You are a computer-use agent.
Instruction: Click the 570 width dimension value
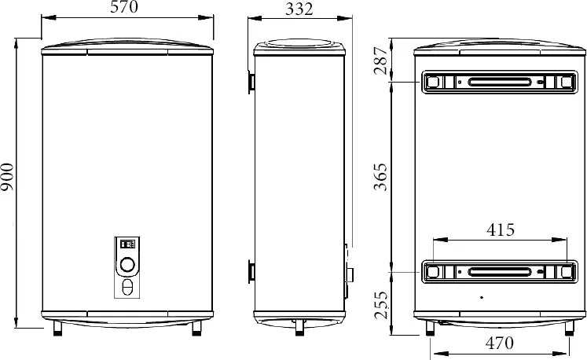coord(124,7)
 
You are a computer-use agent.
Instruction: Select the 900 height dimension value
coord(7,177)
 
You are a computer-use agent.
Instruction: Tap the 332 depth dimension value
coord(299,9)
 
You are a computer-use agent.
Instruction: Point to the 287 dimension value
coord(381,61)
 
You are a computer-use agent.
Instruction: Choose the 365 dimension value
coord(381,177)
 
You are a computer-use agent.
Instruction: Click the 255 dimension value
coord(381,305)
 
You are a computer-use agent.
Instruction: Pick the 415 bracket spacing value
coord(501,230)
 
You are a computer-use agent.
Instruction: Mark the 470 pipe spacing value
coord(500,343)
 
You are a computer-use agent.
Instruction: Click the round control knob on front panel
coord(127,265)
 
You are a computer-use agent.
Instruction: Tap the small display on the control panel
coord(127,244)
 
